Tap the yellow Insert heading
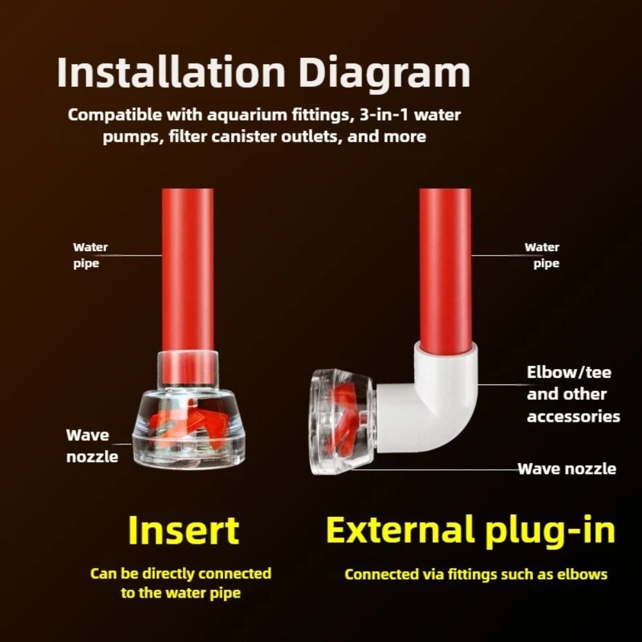click(184, 530)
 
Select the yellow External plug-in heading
click(471, 532)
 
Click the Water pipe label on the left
click(91, 255)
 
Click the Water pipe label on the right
click(542, 255)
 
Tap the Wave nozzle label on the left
click(92, 446)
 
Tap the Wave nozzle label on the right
click(567, 469)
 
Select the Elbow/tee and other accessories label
click(573, 394)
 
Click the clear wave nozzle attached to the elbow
click(343, 422)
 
